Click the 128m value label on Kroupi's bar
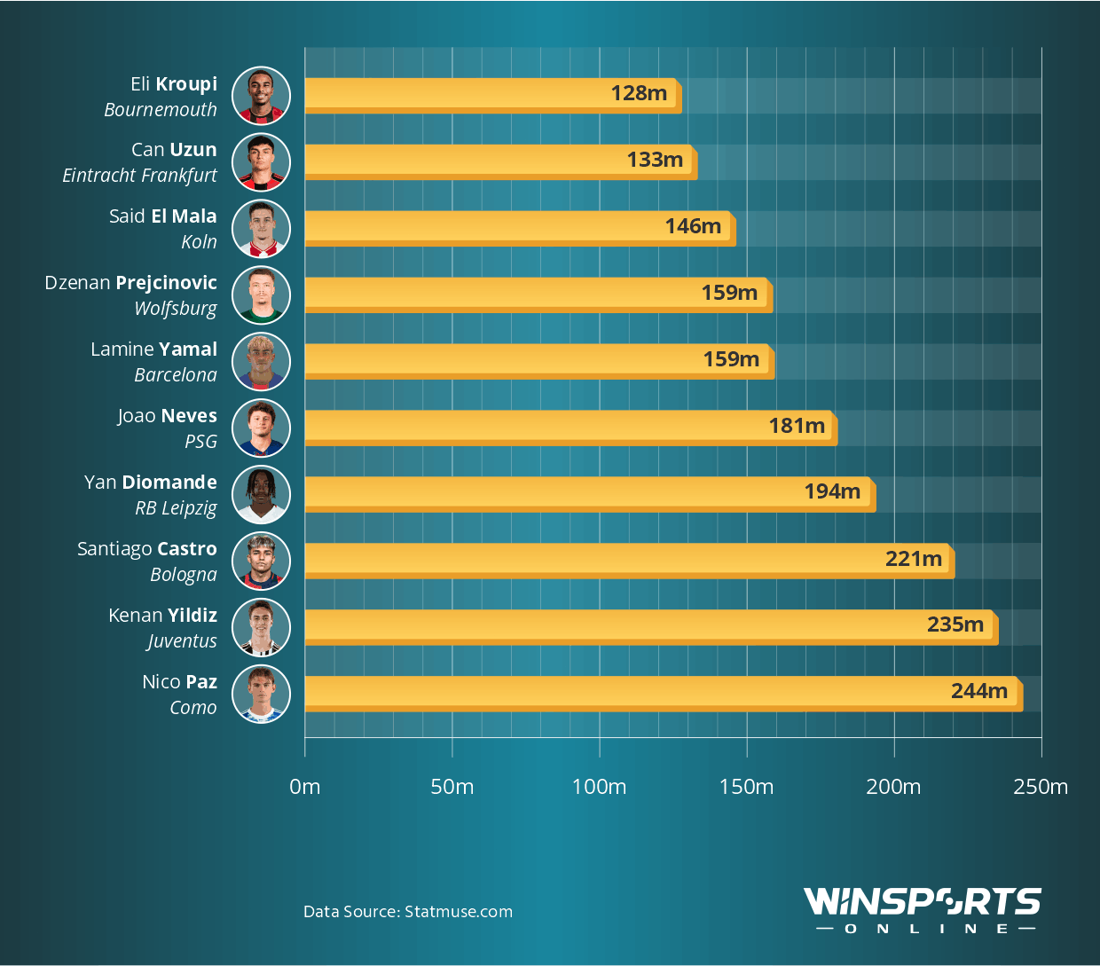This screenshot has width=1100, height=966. (x=639, y=93)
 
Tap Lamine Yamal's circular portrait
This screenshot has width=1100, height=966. (x=261, y=361)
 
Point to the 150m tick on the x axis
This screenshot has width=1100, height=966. (x=746, y=787)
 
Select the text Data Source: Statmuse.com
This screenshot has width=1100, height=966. (x=408, y=912)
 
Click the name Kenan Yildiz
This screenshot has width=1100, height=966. (x=162, y=616)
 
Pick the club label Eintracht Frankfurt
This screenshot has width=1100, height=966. (x=139, y=176)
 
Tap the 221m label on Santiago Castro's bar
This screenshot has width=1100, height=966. (x=913, y=559)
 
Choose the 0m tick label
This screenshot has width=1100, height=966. (x=305, y=787)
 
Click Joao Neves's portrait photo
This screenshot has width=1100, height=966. (x=261, y=428)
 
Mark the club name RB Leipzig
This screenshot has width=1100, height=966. (x=176, y=508)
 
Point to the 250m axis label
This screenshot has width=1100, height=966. (x=1041, y=787)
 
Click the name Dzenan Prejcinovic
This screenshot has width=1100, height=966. (x=130, y=283)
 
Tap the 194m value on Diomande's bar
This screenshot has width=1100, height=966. (x=832, y=491)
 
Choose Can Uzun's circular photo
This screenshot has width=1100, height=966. (x=261, y=161)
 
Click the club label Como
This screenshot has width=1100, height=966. (x=192, y=708)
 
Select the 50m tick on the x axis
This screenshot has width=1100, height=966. (x=452, y=787)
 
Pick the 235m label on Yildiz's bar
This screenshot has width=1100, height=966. (x=955, y=624)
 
